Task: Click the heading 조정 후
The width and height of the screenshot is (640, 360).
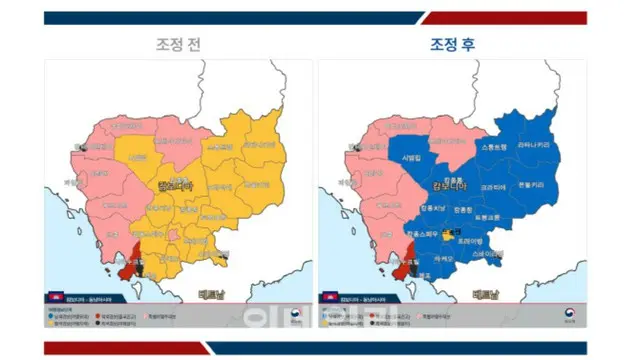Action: click(x=449, y=45)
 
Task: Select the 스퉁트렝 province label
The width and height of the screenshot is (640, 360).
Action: click(x=496, y=147)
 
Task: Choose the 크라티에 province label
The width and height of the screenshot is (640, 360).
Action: click(x=492, y=187)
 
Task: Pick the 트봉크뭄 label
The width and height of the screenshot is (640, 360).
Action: click(x=489, y=217)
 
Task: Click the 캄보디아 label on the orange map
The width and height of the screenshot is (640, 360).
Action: click(x=173, y=186)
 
